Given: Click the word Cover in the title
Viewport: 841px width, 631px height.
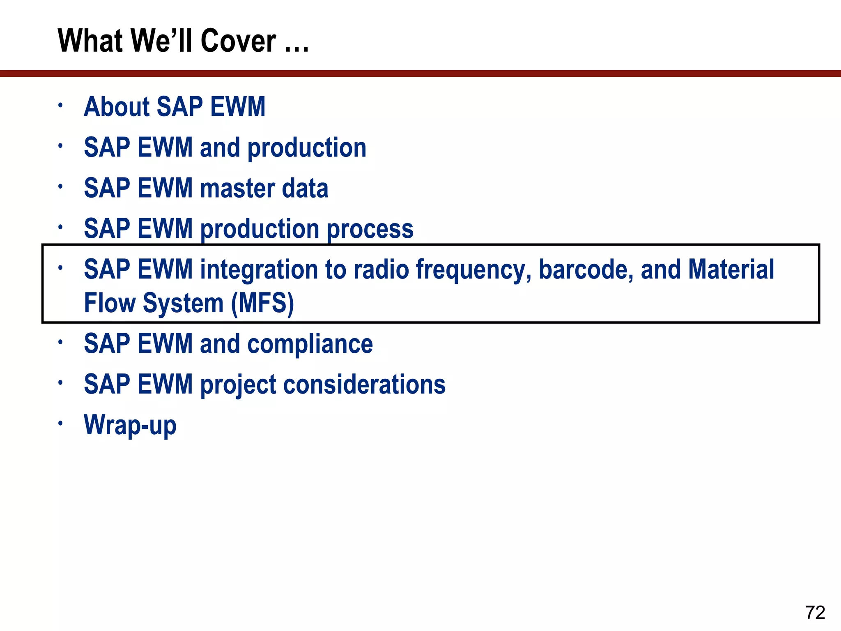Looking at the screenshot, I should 238,41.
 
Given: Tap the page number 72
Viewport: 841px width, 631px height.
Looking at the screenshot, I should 815,613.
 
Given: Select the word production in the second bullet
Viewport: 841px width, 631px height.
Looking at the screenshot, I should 307,148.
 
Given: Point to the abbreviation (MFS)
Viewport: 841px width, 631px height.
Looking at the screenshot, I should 262,304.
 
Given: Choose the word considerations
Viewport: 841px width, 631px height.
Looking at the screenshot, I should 364,385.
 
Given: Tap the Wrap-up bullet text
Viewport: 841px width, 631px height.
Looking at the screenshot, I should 130,425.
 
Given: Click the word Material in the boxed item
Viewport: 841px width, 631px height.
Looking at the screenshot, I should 731,270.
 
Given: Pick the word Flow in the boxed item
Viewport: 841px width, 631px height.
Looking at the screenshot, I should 110,304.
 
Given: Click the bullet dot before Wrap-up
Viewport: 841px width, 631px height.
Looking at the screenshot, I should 60,423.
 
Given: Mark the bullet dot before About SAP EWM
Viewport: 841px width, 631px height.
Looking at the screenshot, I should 60,105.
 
